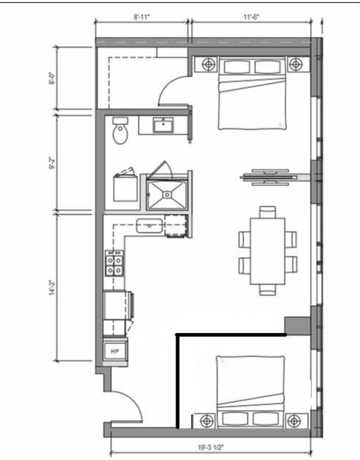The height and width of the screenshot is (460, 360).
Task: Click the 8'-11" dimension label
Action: click(141, 16)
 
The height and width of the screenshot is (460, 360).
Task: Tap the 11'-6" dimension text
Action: click(251, 16)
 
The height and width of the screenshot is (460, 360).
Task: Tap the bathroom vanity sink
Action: click(163, 126)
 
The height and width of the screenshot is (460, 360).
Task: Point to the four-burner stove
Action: click(114, 264)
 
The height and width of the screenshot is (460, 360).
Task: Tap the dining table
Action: click(268, 251)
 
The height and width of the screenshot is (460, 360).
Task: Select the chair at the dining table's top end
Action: click(268, 212)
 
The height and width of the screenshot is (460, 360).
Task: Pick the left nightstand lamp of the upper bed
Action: click(209, 64)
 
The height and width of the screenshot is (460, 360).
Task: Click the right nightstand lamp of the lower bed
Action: click(294, 421)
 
